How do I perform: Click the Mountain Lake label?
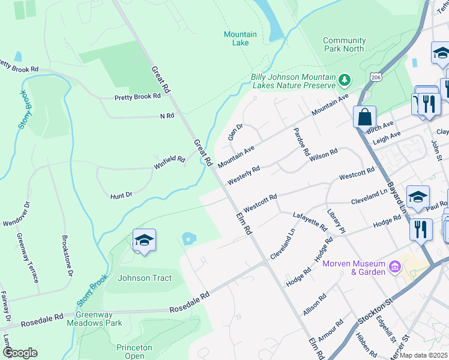(x=240, y=39)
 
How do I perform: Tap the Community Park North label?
(x=343, y=44)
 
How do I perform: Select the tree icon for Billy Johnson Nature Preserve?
(x=344, y=79)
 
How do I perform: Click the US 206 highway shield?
(x=376, y=78)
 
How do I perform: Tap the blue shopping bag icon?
(x=364, y=117)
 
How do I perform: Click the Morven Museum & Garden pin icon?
(x=395, y=265)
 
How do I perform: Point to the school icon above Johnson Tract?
(x=144, y=241)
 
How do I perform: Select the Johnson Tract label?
(x=144, y=278)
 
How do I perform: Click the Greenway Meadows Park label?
(x=98, y=319)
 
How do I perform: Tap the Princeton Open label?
(x=131, y=352)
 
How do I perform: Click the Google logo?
(x=20, y=353)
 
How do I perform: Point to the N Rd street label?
(x=167, y=115)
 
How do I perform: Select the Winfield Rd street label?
(x=169, y=162)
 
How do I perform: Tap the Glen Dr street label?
(x=235, y=132)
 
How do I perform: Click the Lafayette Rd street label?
(x=309, y=221)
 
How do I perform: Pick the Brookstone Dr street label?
(x=67, y=255)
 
